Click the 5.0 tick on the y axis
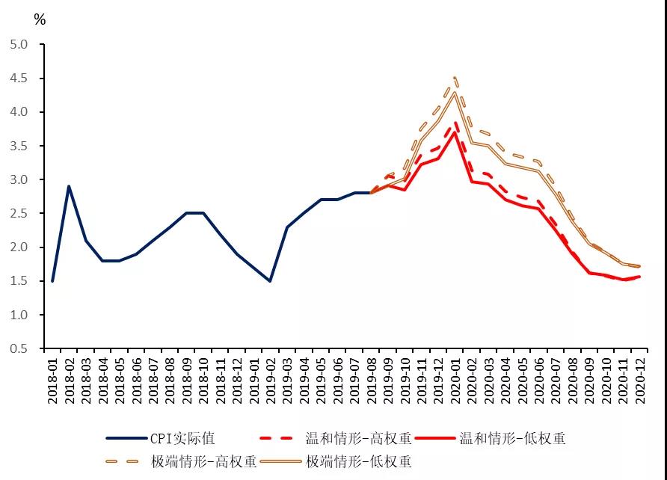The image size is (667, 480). tap(18, 45)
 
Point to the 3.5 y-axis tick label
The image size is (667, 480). tap(18, 147)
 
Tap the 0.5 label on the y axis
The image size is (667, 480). tap(18, 349)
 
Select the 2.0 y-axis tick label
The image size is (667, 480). tap(18, 247)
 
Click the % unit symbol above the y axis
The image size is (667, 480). tap(40, 20)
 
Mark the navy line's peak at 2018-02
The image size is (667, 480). tap(69, 186)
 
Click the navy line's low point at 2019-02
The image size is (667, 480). tap(270, 281)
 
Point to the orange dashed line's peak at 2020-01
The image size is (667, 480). tap(454, 77)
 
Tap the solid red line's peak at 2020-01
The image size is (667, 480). tap(454, 132)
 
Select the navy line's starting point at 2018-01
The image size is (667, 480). tap(52, 281)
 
